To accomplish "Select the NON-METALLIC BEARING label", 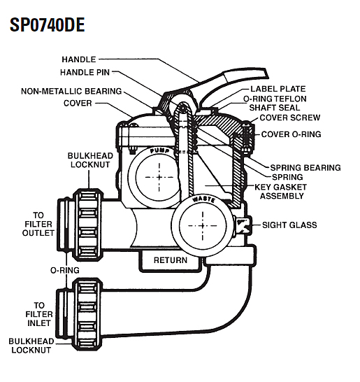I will point(71,91).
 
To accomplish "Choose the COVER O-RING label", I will point(291,134).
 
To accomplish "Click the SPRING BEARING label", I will point(306,168).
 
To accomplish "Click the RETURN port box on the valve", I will point(171,260).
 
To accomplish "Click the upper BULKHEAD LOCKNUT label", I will point(86,160).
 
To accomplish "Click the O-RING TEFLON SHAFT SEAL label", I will point(282,104).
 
